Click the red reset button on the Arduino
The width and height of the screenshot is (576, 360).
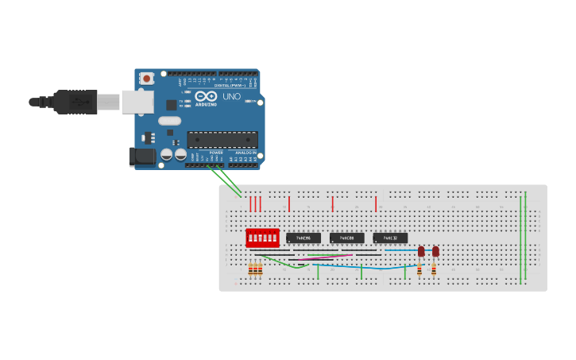tap(147, 78)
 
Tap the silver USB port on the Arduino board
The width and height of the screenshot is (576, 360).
tap(137, 102)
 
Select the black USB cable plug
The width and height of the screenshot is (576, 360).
tap(75, 102)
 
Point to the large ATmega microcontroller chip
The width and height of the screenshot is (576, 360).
tap(222, 140)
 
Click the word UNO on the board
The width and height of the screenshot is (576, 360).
tap(230, 96)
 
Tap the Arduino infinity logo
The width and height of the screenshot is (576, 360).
tap(206, 96)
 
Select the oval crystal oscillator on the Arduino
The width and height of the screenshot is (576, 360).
tap(169, 121)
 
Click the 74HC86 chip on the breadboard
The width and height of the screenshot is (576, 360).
tap(303, 238)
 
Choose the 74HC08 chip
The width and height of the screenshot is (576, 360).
tap(346, 238)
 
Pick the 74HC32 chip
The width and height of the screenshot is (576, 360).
tap(390, 238)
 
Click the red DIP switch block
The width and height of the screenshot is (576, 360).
tap(262, 238)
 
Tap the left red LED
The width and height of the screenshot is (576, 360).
tap(421, 252)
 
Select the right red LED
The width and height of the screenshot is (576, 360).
tap(435, 252)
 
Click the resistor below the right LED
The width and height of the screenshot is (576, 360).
tap(434, 269)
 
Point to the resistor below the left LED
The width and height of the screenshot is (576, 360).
tap(419, 269)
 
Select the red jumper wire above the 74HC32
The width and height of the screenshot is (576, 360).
tap(376, 204)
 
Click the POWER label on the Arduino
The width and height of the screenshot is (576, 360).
tap(216, 153)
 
